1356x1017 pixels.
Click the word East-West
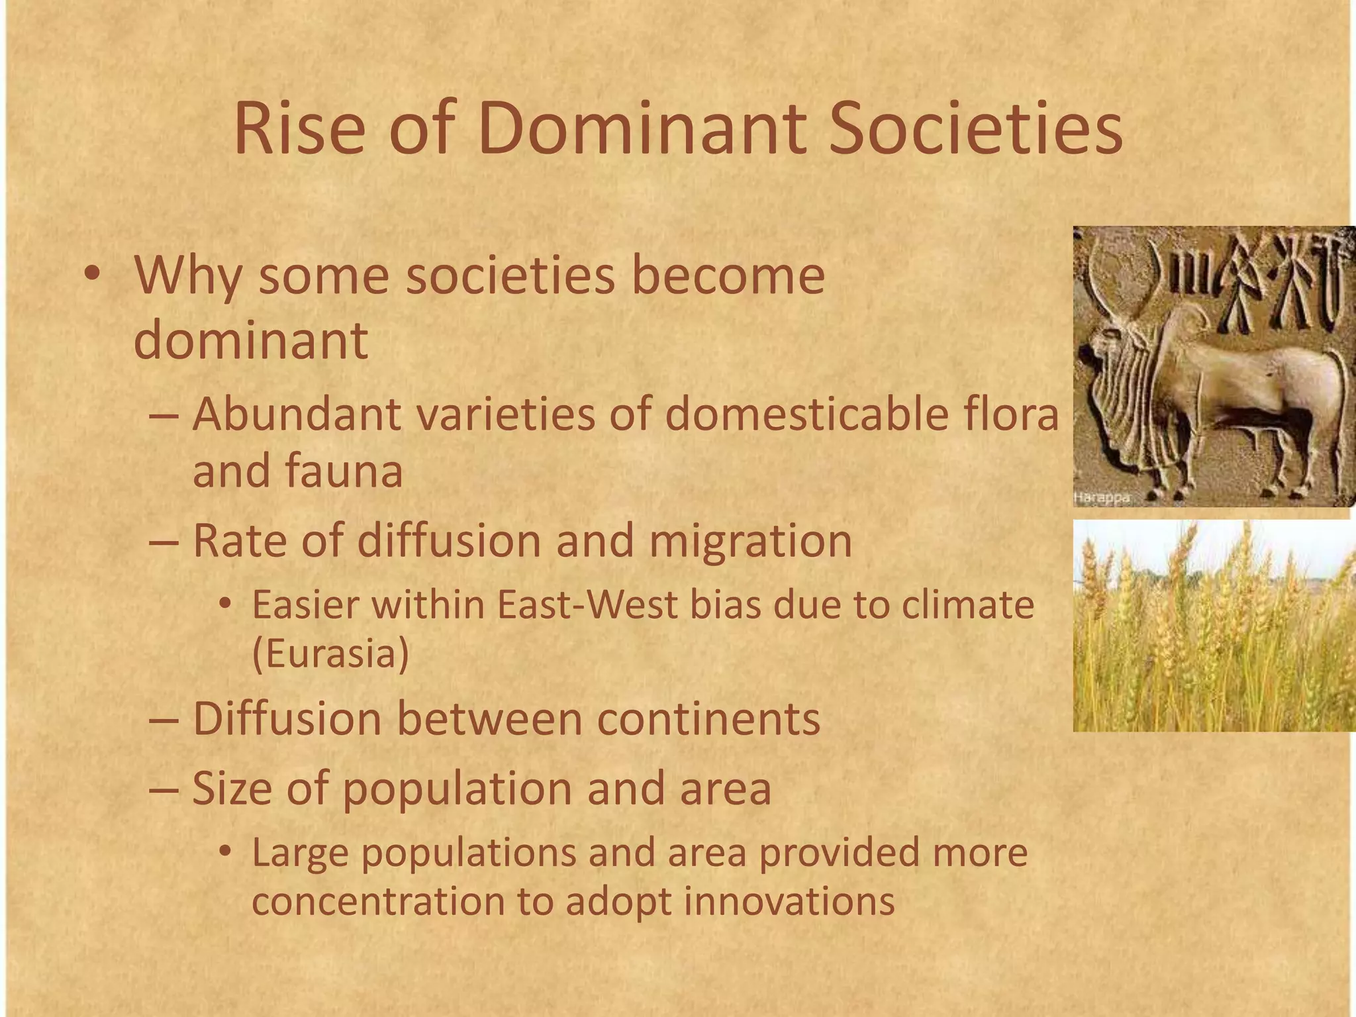(x=588, y=605)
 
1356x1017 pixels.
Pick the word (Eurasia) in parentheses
(x=330, y=654)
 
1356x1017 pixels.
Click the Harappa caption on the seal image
(x=1102, y=498)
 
